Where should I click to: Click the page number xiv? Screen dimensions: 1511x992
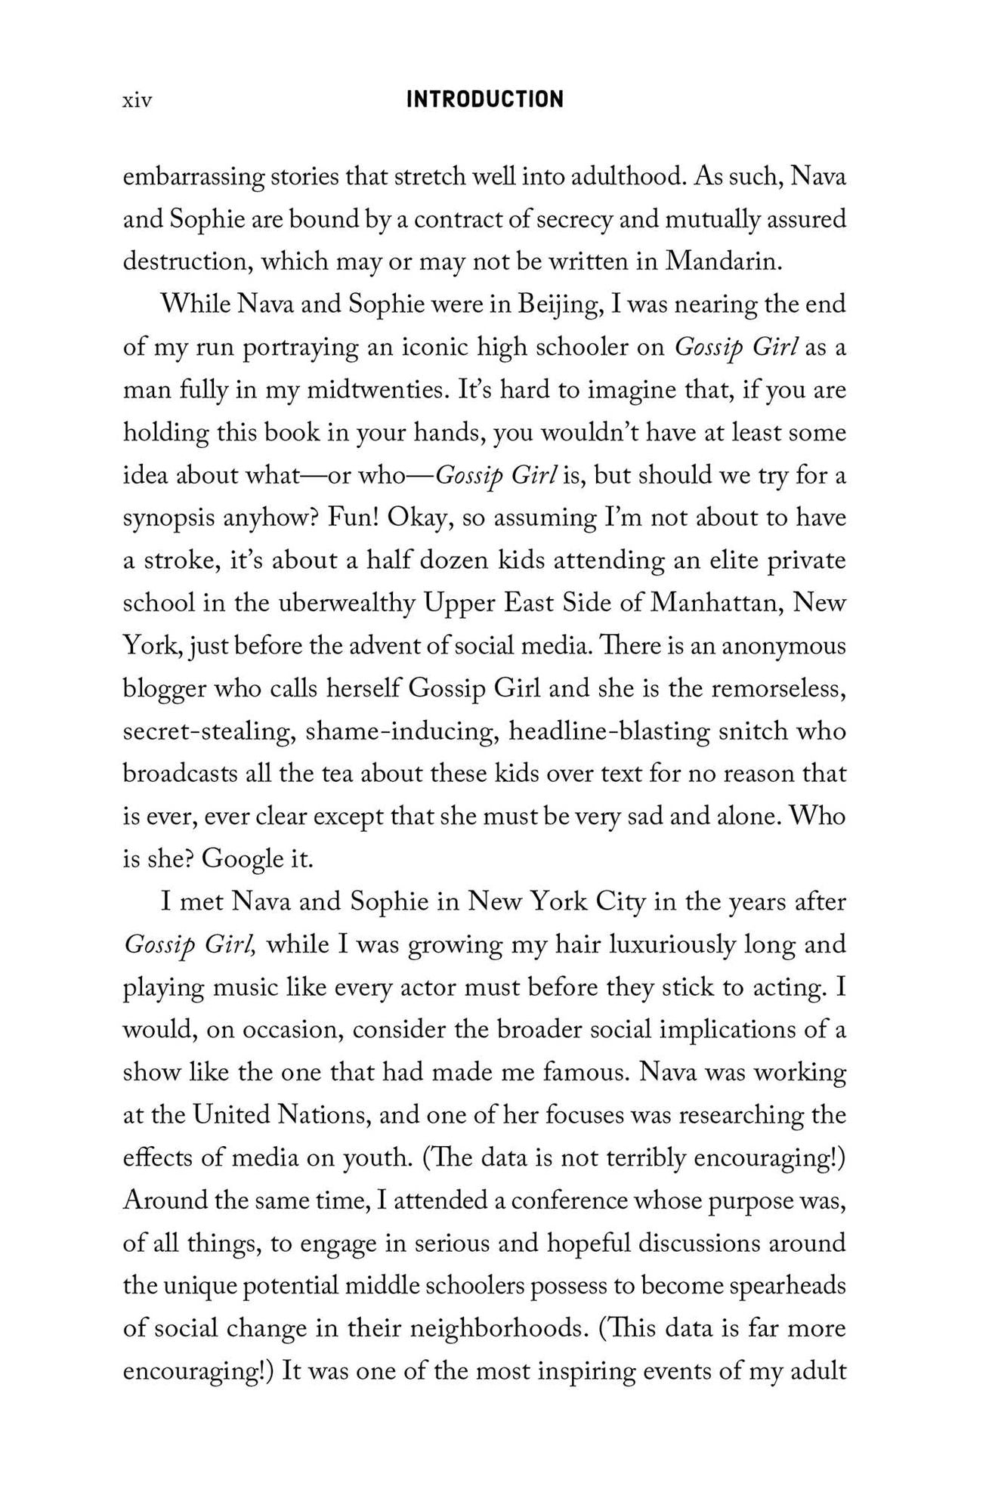(137, 100)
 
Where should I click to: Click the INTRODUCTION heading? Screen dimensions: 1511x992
(484, 100)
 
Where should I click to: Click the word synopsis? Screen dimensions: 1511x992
(168, 519)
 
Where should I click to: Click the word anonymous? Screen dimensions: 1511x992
(783, 646)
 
